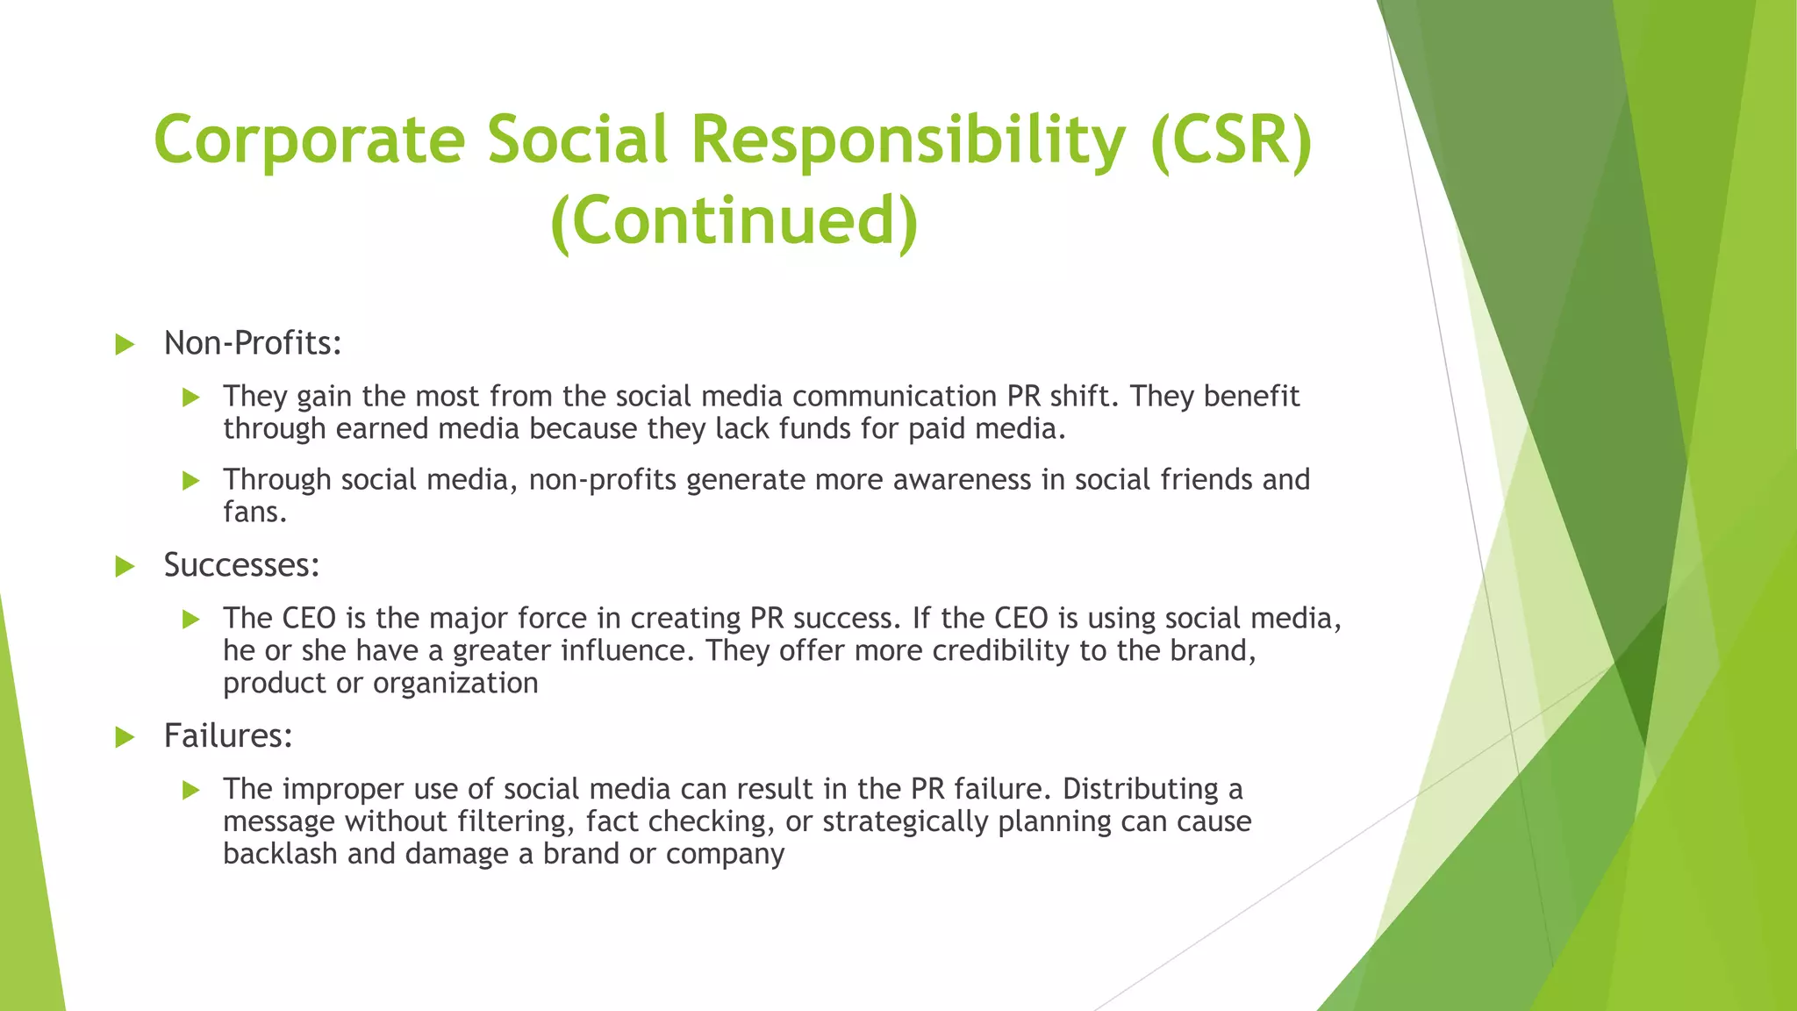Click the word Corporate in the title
click(x=309, y=140)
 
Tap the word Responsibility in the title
click(x=908, y=140)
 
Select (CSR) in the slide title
click(x=1231, y=140)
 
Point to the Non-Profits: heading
click(x=253, y=343)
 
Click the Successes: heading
click(x=241, y=565)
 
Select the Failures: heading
click(x=228, y=735)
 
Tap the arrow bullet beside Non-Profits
click(x=125, y=344)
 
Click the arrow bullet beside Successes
click(x=125, y=566)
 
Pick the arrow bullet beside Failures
click(x=125, y=736)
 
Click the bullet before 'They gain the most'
click(x=191, y=398)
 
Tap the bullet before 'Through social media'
click(x=191, y=480)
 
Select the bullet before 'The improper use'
click(x=191, y=790)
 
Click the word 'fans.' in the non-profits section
click(x=254, y=512)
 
